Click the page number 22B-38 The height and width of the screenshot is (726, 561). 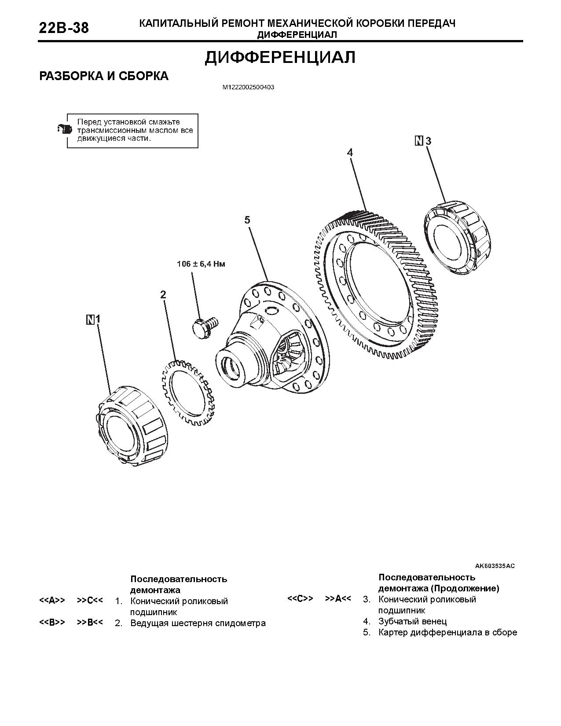[x=64, y=28]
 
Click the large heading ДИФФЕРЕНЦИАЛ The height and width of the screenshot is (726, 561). [x=280, y=58]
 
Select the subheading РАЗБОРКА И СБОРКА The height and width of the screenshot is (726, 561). [x=104, y=76]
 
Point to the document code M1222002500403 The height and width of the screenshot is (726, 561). [x=248, y=88]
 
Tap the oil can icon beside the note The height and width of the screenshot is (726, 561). [x=64, y=129]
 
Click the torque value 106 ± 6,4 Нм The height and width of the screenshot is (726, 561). [x=201, y=264]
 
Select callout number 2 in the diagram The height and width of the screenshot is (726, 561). [x=163, y=295]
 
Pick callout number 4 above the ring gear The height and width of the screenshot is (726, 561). [x=349, y=153]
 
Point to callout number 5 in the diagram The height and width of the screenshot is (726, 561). [x=247, y=220]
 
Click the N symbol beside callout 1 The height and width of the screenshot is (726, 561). [x=90, y=320]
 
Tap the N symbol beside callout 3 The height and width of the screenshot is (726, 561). [x=419, y=141]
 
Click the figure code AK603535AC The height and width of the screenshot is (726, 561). [x=495, y=566]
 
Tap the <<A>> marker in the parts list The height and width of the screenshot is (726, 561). [x=52, y=600]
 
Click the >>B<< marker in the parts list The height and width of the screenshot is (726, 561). [x=90, y=622]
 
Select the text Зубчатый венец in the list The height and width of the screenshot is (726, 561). [x=412, y=621]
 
